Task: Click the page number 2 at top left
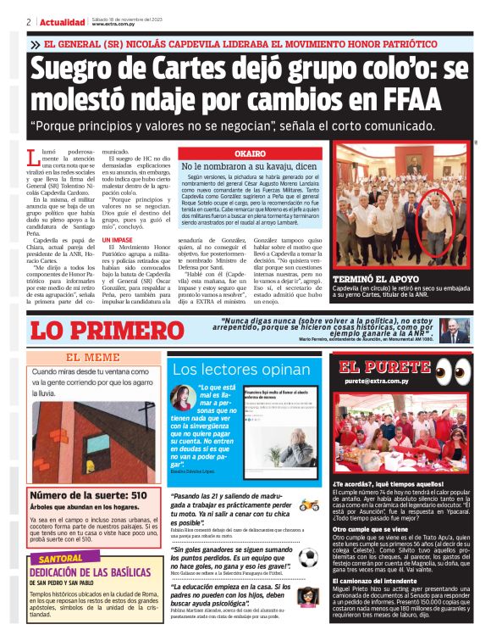pos(29,22)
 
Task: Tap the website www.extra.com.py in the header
pos(115,25)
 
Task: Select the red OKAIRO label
pos(250,153)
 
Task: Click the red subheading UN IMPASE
pos(117,240)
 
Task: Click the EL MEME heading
pos(93,358)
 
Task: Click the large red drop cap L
pos(34,158)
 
